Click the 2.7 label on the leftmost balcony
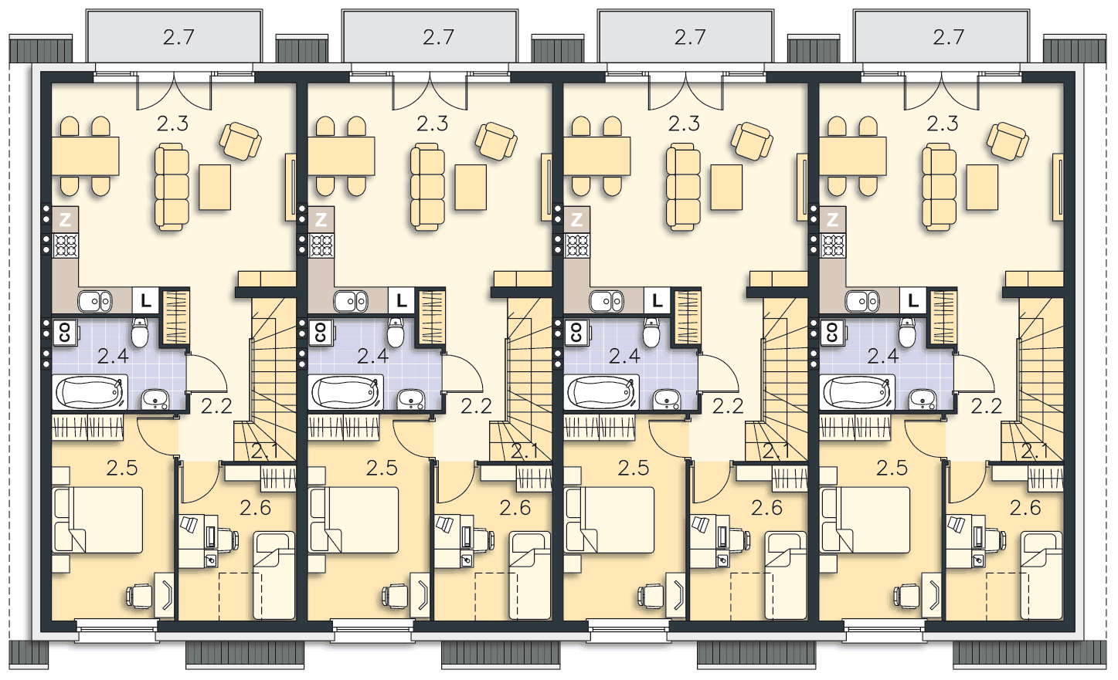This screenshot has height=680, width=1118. [178, 37]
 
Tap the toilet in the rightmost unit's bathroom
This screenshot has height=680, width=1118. [907, 333]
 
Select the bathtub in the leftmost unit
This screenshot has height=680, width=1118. [90, 393]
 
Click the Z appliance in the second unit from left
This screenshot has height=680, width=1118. [321, 219]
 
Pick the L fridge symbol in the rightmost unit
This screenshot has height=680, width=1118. [913, 300]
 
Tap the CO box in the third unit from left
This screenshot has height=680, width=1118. [576, 332]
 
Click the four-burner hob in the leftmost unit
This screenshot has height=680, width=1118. [66, 245]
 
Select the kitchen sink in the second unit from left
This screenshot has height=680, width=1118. [351, 301]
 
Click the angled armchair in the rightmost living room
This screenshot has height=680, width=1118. [1008, 141]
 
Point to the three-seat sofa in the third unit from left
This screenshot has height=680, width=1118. [683, 187]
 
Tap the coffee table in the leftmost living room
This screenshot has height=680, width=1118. [215, 188]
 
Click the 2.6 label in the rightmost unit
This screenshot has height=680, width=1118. [1025, 508]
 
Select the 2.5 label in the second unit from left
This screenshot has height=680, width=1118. [382, 468]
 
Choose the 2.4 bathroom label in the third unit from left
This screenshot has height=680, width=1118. [624, 356]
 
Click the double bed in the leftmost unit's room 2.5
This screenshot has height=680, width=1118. [98, 520]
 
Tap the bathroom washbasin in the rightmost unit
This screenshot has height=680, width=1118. [923, 399]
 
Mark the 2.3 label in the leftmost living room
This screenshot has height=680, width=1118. [173, 123]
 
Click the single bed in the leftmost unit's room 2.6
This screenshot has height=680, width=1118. [274, 575]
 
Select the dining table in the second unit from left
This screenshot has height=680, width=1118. [342, 156]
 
